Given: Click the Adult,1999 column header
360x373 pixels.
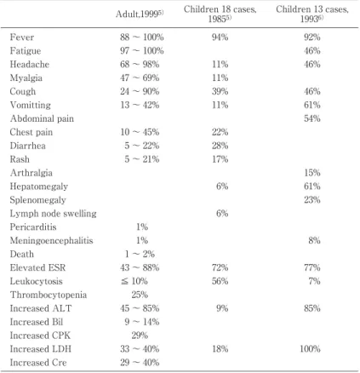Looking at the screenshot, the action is [x=140, y=14].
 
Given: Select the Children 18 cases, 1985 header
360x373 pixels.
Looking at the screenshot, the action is [x=220, y=14].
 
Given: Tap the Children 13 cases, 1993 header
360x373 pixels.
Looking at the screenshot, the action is [x=312, y=14].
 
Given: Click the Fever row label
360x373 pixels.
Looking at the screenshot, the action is [x=22, y=37].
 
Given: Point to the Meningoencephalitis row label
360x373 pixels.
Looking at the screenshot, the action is [x=51, y=241].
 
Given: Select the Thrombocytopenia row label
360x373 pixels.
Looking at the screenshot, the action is [x=49, y=295].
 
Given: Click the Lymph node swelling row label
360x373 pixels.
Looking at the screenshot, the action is [x=53, y=214].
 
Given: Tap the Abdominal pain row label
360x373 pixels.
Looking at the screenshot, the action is [x=42, y=118].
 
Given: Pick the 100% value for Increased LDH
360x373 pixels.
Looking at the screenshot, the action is [x=310, y=349].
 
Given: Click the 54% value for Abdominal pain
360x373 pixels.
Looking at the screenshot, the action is [x=312, y=118].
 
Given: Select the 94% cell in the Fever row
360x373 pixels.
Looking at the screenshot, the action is [x=220, y=37].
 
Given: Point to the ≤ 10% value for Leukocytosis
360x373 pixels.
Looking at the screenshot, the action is [x=134, y=281].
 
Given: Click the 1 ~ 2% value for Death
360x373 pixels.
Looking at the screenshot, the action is [x=140, y=254].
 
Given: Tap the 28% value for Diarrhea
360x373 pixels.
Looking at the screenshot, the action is [x=220, y=146].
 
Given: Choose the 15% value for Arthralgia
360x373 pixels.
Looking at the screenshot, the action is [x=312, y=173].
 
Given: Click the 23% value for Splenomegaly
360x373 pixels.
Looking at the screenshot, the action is [x=312, y=200].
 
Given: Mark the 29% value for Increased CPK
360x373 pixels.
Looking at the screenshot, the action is [x=140, y=336].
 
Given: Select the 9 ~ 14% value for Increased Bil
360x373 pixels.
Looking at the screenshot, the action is [x=141, y=322].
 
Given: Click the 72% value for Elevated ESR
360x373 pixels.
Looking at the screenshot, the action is [x=220, y=267].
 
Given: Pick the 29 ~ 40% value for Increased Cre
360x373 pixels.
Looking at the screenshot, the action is [x=140, y=363].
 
